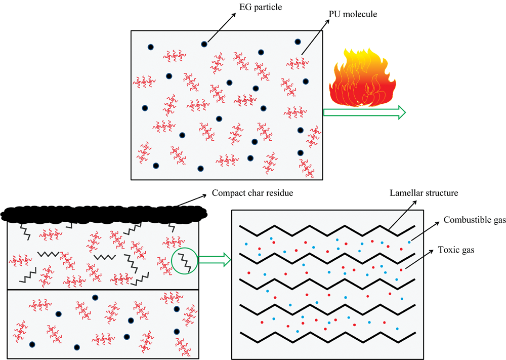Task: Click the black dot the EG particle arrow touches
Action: pyautogui.click(x=204, y=44)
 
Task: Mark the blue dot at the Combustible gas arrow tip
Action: pyautogui.click(x=409, y=243)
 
